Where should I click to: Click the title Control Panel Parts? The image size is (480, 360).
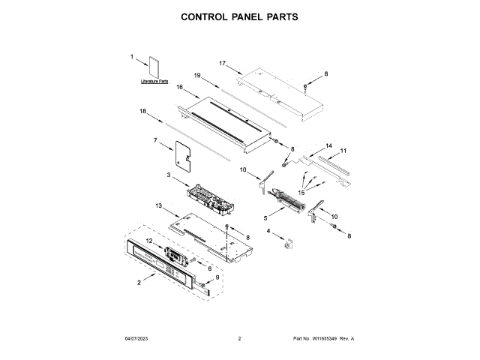[x=240, y=16]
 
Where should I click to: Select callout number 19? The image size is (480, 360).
[x=197, y=76]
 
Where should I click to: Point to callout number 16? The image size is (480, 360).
[x=180, y=87]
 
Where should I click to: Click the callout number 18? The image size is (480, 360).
[x=142, y=111]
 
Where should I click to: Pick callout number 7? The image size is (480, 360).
[x=156, y=140]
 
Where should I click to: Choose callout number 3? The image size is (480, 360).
[x=169, y=175]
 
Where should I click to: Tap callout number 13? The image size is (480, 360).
[x=158, y=205]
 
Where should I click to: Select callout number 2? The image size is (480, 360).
[x=139, y=282]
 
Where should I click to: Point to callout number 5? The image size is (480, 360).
[x=265, y=217]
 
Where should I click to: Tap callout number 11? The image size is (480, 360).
[x=343, y=151]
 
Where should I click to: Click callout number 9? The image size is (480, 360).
[x=218, y=277]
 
